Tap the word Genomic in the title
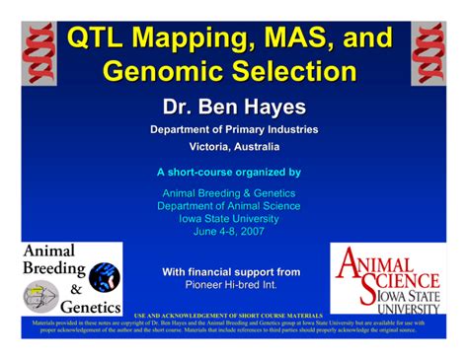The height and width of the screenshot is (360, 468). pyautogui.click(x=164, y=71)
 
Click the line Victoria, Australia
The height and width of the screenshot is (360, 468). pyautogui.click(x=234, y=147)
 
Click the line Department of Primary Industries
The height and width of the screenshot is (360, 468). pyautogui.click(x=234, y=129)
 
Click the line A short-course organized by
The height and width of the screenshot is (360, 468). pyautogui.click(x=234, y=172)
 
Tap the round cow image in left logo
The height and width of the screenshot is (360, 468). pyautogui.click(x=104, y=277)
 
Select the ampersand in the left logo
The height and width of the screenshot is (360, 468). pyautogui.click(x=75, y=289)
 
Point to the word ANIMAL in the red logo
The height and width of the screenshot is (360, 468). pyautogui.click(x=390, y=262)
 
